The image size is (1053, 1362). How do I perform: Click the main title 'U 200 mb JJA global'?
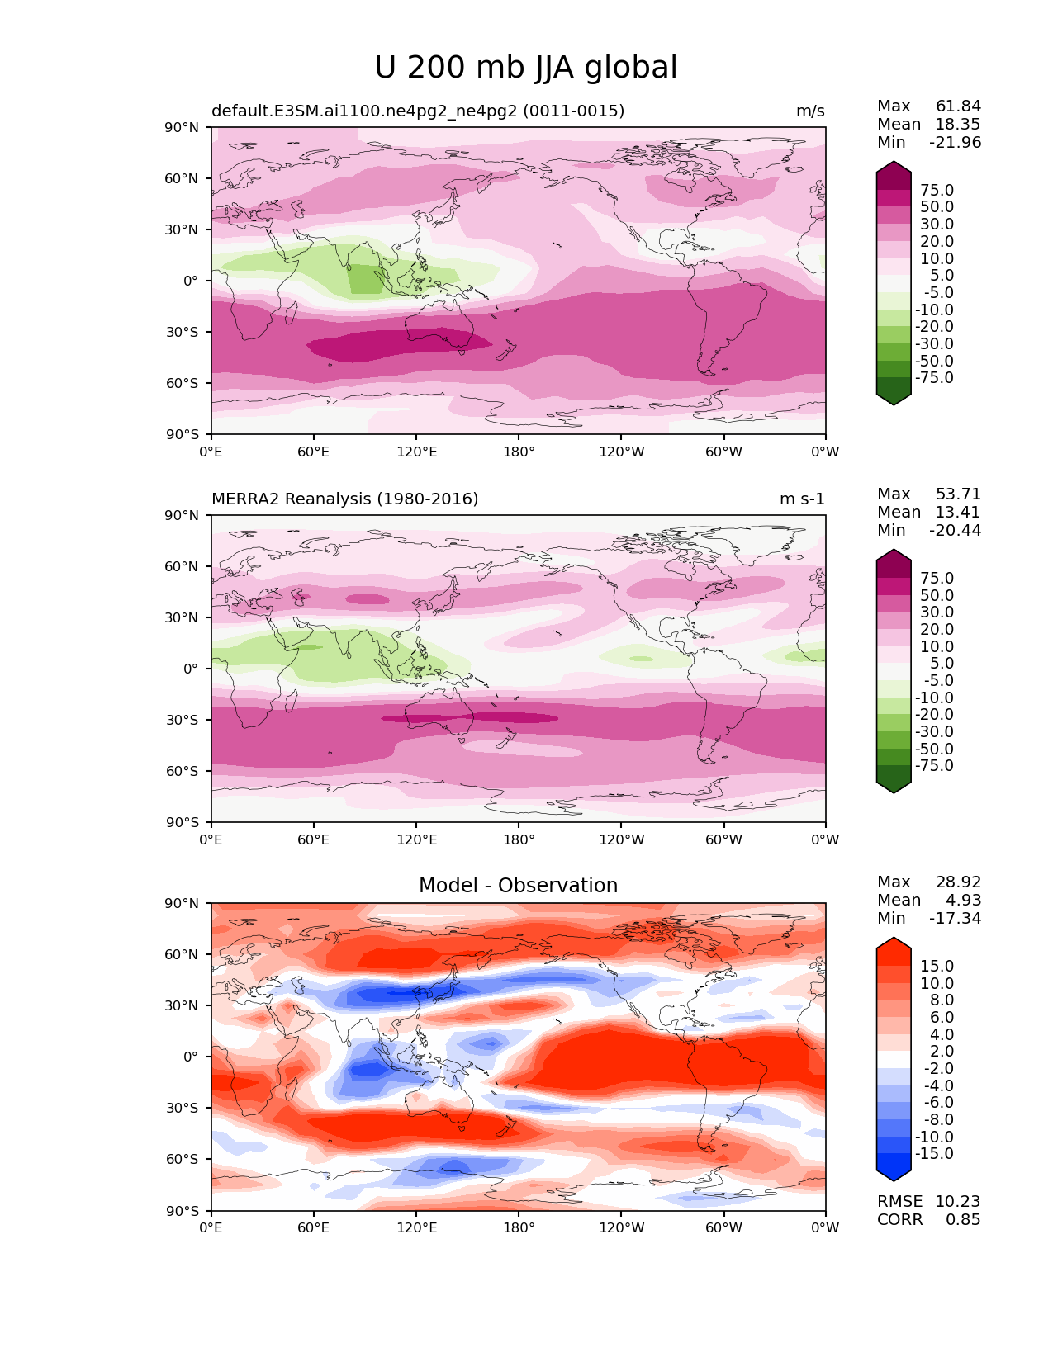click(525, 68)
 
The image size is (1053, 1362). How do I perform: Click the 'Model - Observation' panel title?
click(518, 885)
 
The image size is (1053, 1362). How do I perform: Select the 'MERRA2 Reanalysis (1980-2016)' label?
click(345, 499)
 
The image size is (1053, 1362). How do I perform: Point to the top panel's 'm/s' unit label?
click(810, 111)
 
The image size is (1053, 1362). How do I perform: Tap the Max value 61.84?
click(958, 106)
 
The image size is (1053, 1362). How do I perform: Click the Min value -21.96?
click(956, 142)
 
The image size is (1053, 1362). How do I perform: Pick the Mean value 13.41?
click(958, 512)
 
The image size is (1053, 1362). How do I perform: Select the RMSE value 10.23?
click(958, 1201)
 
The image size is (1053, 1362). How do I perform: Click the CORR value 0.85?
click(963, 1220)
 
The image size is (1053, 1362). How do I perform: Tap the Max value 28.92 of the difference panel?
click(958, 882)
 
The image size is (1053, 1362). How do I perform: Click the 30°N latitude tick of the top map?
click(181, 230)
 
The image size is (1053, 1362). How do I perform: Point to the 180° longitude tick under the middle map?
click(519, 839)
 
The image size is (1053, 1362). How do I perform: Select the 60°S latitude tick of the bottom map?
click(182, 1159)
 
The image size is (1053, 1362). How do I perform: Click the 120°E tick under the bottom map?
click(416, 1228)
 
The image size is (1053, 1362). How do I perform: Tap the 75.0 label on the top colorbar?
click(937, 190)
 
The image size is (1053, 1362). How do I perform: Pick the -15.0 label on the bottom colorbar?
click(934, 1153)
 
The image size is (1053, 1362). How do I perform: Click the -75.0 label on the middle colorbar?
click(934, 765)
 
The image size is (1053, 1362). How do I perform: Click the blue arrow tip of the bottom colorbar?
click(893, 1181)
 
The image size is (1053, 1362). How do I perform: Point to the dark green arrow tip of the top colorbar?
click(893, 405)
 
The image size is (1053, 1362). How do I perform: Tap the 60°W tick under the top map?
click(723, 452)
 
